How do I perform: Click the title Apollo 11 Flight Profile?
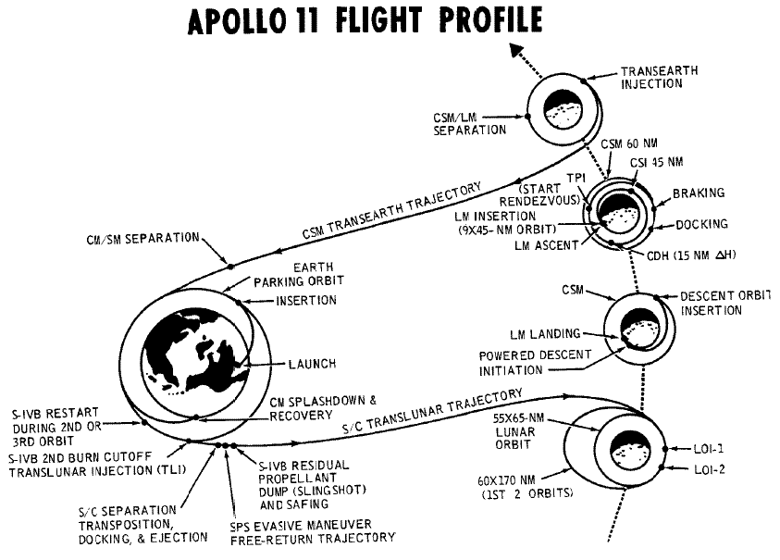click(365, 21)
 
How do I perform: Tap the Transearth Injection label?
click(659, 77)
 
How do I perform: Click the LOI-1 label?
click(709, 449)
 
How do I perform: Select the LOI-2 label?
click(710, 469)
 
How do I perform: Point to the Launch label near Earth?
click(313, 364)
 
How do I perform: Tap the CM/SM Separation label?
click(143, 239)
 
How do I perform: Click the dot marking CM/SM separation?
click(230, 267)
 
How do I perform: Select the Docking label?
click(701, 224)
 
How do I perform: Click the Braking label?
click(699, 193)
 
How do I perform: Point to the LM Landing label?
click(545, 333)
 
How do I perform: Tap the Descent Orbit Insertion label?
click(725, 304)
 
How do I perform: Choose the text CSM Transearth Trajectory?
click(392, 210)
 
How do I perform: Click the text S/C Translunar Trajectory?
click(432, 411)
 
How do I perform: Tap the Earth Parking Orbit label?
click(299, 274)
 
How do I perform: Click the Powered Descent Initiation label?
click(535, 363)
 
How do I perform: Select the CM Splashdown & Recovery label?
click(323, 407)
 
